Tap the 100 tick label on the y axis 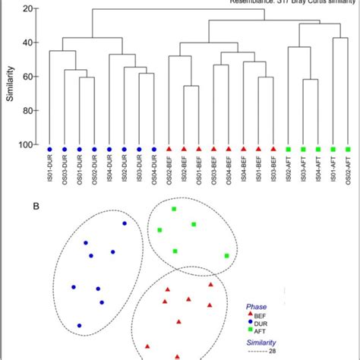coord(27,144)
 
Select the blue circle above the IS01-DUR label coord(49,149)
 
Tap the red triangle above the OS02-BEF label coord(169,149)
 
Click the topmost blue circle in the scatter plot coord(125,223)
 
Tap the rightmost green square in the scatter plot coord(226,256)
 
